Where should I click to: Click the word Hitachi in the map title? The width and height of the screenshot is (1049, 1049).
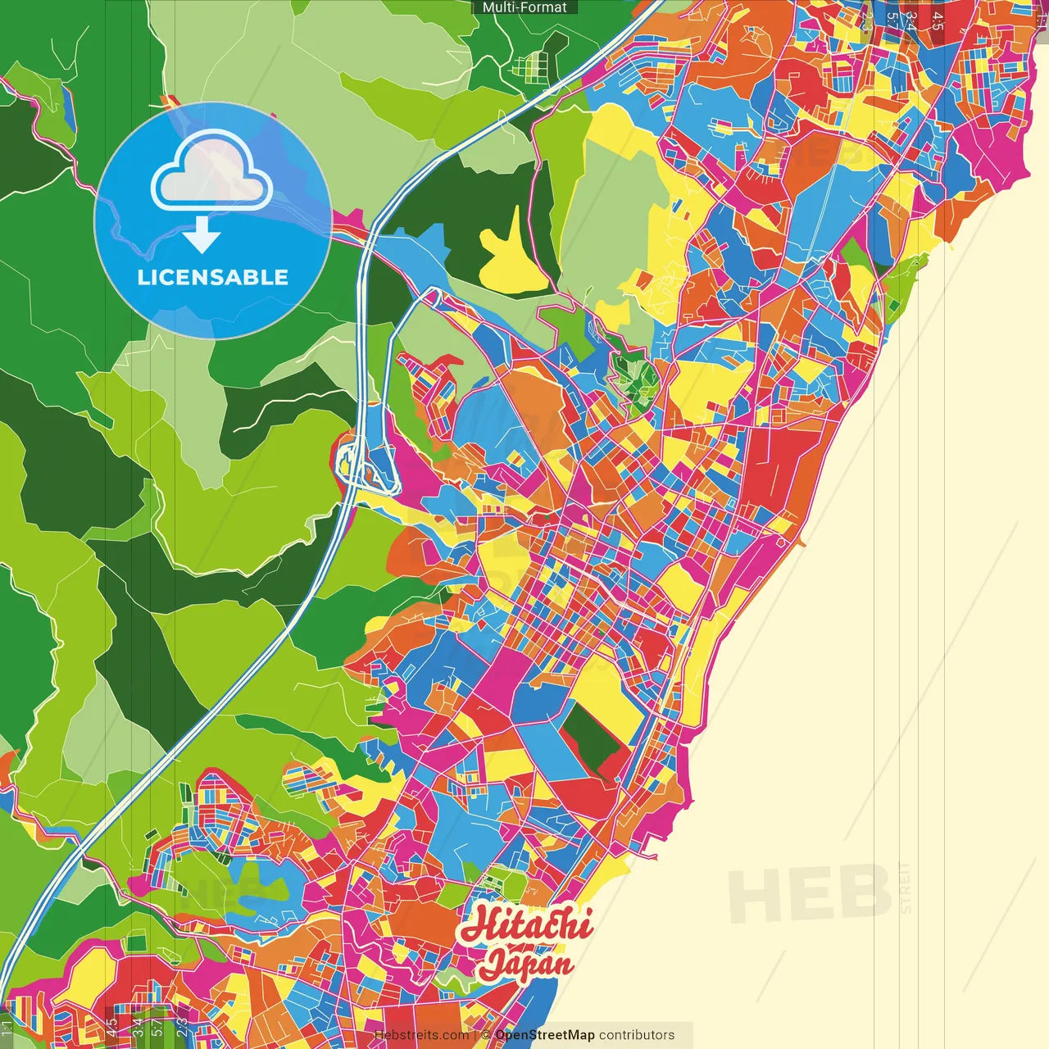click(x=525, y=925)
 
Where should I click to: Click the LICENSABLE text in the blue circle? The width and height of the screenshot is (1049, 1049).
click(x=213, y=277)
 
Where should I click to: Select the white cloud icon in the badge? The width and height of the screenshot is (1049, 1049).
click(x=212, y=174)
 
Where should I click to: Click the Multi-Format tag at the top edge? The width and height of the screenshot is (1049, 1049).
click(x=524, y=7)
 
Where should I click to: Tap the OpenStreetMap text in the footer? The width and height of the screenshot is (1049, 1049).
click(x=545, y=1035)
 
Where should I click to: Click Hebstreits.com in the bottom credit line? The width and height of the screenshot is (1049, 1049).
click(x=421, y=1035)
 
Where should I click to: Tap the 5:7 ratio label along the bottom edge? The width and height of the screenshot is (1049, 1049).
click(x=157, y=1024)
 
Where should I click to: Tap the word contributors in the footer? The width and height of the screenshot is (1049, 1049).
click(x=637, y=1035)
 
